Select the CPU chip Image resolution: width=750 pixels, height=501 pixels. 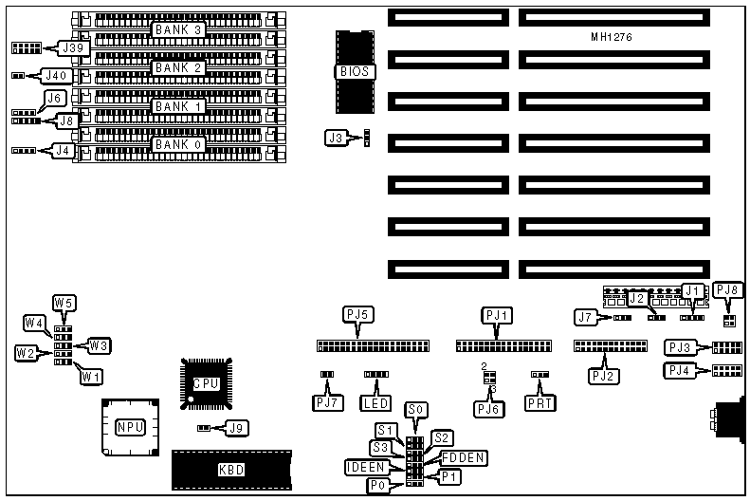(x=207, y=383)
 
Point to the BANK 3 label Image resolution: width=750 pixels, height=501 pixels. (x=179, y=30)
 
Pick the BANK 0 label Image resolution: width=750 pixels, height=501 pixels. (x=179, y=144)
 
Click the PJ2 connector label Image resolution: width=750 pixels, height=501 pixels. (x=603, y=376)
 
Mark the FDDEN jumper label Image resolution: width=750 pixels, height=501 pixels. (x=464, y=458)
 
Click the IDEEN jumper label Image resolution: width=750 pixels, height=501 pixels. (x=366, y=468)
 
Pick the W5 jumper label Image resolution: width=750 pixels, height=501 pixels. (x=64, y=304)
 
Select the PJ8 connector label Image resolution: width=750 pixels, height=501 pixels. (x=727, y=290)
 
